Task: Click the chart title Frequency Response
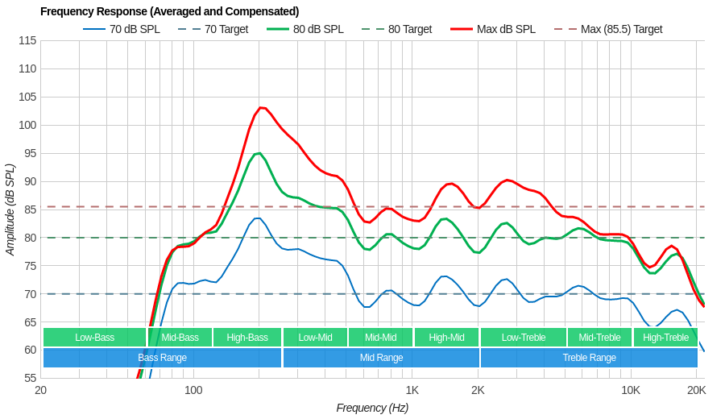pos(169,11)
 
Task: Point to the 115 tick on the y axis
pos(27,40)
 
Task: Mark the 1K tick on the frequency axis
pos(412,391)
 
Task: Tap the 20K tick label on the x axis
pos(696,391)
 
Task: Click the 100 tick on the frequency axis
pos(193,391)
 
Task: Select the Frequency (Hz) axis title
pos(372,408)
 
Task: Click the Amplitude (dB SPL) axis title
pos(10,209)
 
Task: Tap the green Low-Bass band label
pos(94,338)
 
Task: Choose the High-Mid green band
pos(446,338)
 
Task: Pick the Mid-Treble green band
pos(599,338)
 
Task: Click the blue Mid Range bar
pos(381,358)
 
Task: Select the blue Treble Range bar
pos(589,358)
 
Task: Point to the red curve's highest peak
pos(260,107)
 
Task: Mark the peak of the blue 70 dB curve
pos(258,218)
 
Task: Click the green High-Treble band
pos(665,338)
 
